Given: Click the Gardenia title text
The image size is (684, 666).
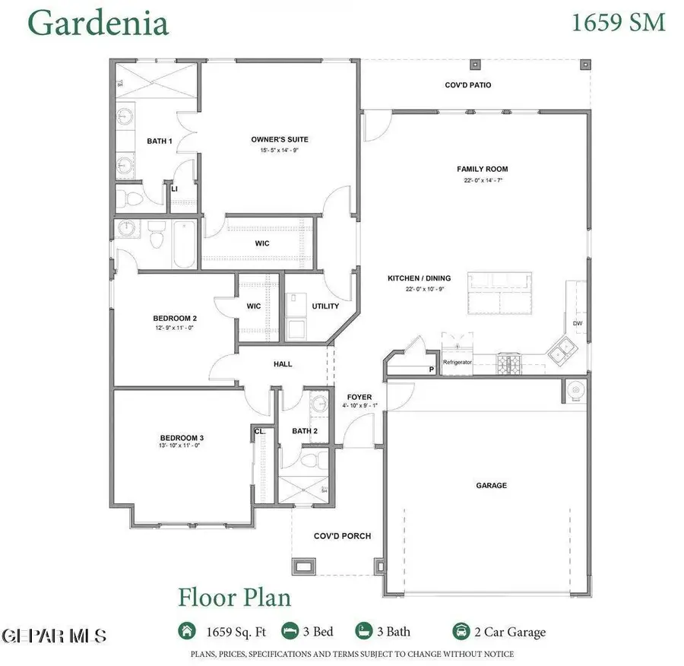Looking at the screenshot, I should [97, 24].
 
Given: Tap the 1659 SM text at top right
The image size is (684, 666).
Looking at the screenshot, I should [618, 22].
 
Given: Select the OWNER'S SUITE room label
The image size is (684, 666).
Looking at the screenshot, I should [280, 139].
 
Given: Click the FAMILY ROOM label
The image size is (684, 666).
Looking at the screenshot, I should [482, 169].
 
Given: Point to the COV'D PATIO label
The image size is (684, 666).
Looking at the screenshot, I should [468, 85].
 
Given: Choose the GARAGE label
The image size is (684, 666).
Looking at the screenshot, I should [492, 485].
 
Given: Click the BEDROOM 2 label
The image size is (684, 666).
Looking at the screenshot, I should [175, 318].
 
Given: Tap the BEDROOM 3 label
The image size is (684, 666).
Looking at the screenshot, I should [182, 437].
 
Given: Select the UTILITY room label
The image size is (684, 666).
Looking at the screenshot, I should [325, 306].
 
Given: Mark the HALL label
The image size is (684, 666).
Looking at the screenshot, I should [283, 364].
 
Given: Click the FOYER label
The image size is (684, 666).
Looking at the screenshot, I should [359, 397].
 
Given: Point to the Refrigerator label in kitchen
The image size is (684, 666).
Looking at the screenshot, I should [458, 363].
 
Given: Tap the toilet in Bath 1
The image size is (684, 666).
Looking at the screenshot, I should [130, 199].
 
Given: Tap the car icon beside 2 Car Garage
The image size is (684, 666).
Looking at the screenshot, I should [461, 631].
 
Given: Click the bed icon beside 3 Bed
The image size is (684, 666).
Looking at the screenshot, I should [290, 631].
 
